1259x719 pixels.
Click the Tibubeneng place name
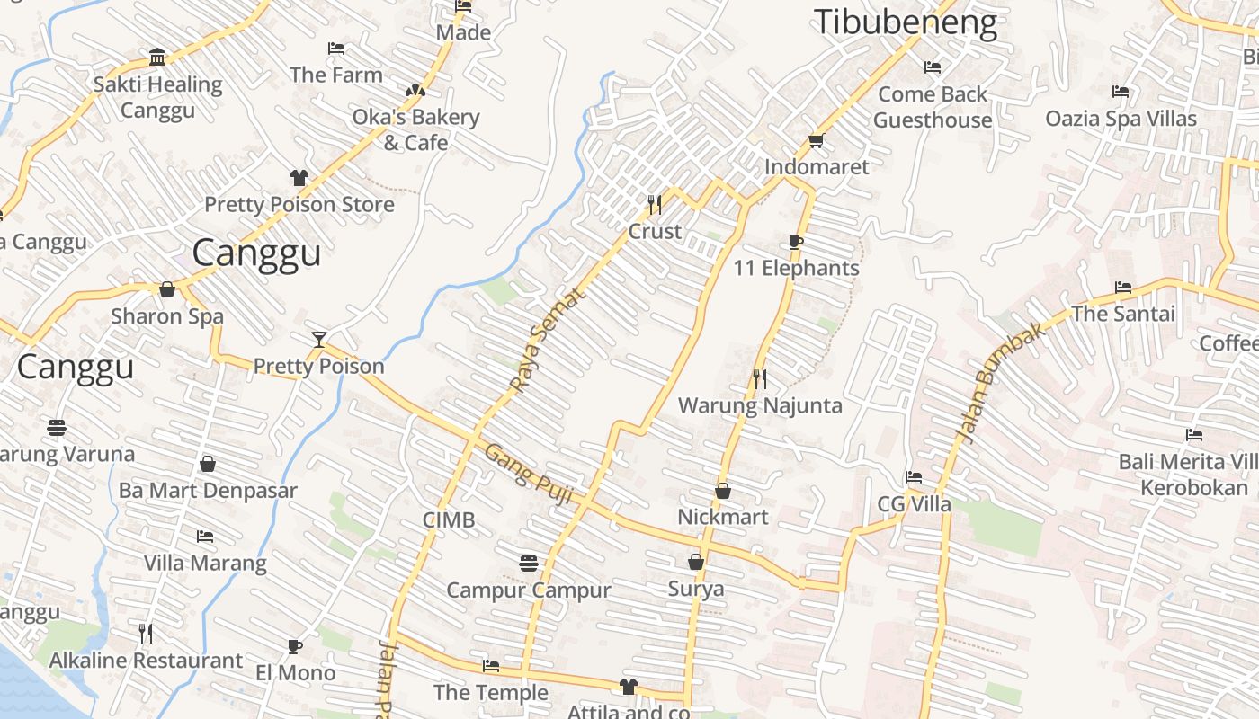(906, 23)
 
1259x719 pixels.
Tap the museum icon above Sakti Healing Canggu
(157, 58)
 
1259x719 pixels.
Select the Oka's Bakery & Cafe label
(415, 129)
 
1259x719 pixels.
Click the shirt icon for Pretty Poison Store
(299, 178)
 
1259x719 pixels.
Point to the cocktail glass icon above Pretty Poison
(318, 339)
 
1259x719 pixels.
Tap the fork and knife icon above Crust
(655, 205)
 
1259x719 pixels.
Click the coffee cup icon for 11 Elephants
(795, 242)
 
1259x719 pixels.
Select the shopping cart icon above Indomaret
(817, 140)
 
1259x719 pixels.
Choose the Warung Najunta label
(760, 405)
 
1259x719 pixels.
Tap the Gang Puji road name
(529, 474)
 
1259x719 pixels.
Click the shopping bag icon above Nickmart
(723, 491)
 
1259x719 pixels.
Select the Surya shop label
(696, 590)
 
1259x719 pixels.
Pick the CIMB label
(449, 520)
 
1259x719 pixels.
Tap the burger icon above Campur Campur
(529, 564)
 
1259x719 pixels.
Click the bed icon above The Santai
(1123, 288)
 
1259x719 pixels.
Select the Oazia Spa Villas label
(1121, 119)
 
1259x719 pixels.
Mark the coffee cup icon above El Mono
(294, 646)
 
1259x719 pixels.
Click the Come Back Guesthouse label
(933, 107)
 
